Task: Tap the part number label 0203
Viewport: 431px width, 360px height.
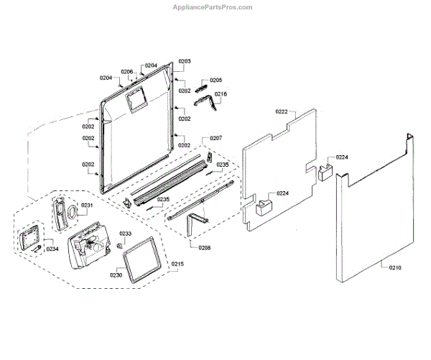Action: tap(185, 62)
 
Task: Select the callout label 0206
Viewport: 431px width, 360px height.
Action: tap(127, 72)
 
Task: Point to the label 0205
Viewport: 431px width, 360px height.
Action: tap(215, 80)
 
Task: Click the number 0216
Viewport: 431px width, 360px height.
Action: tap(221, 94)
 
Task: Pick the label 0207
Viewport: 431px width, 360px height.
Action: tap(215, 137)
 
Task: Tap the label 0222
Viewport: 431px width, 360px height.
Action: tap(282, 111)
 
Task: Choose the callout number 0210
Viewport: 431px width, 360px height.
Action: tap(394, 268)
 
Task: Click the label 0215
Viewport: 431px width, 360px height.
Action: tap(177, 265)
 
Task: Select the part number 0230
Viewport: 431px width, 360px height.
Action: tap(116, 274)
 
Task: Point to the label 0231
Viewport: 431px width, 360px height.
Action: tap(87, 206)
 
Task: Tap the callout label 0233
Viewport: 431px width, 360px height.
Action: tap(125, 234)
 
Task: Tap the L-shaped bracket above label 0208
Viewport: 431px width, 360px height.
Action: tap(196, 222)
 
